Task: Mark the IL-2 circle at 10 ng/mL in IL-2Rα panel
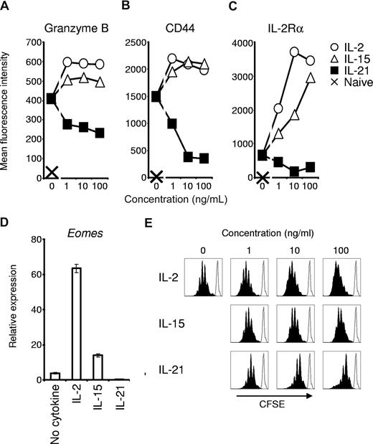tap(273, 52)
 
